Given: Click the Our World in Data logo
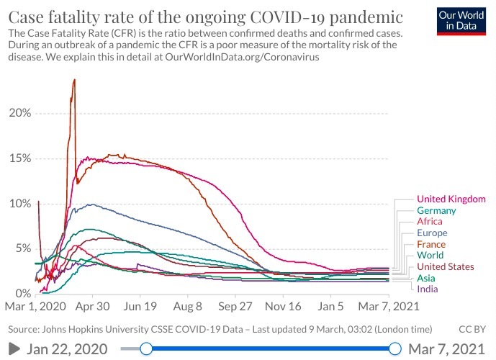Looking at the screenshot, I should pyautogui.click(x=461, y=21).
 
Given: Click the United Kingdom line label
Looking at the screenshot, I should pyautogui.click(x=450, y=199).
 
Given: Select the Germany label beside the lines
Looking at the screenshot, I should pyautogui.click(x=436, y=210).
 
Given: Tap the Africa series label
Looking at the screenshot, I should pyautogui.click(x=430, y=222).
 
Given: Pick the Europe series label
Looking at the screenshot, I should pyautogui.click(x=432, y=233).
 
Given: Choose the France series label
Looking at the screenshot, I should pyautogui.click(x=431, y=244).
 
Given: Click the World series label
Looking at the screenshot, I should pyautogui.click(x=430, y=256).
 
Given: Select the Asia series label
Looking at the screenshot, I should pyautogui.click(x=426, y=278).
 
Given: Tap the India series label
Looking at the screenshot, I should pyautogui.click(x=427, y=289).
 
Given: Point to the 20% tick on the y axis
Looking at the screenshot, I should pyautogui.click(x=19, y=113).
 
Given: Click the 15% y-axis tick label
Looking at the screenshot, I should pyautogui.click(x=19, y=158).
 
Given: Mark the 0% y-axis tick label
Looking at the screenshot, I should pyautogui.click(x=22, y=294).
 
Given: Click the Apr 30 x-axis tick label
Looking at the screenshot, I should pyautogui.click(x=93, y=306).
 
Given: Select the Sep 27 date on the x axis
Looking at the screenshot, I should pyautogui.click(x=236, y=306).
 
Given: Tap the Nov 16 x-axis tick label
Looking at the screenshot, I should pyautogui.click(x=283, y=306).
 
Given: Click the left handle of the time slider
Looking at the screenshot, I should pyautogui.click(x=146, y=349).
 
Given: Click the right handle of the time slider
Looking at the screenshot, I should pyautogui.click(x=394, y=349).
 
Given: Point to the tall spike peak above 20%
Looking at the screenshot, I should pyautogui.click(x=74, y=80).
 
